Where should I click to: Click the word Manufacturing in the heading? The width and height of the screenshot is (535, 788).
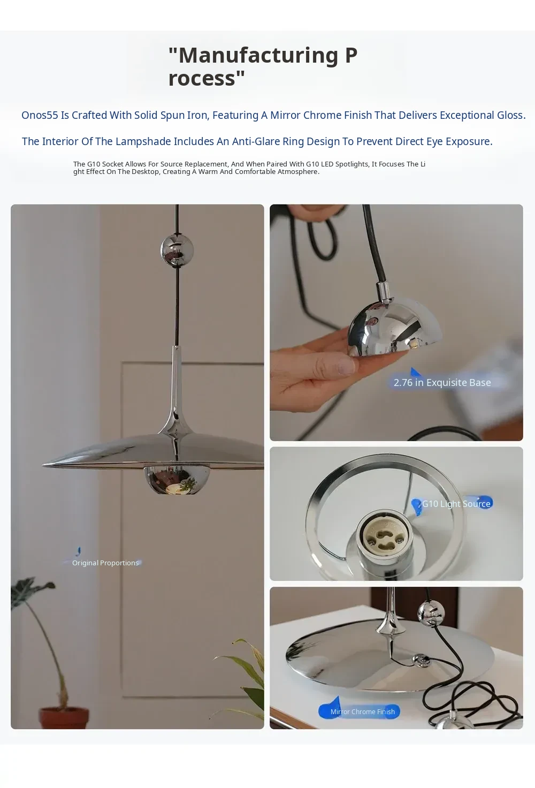coord(258,56)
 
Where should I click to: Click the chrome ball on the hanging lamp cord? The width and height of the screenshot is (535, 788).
coord(177,251)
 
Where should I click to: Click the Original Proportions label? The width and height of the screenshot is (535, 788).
coord(105,563)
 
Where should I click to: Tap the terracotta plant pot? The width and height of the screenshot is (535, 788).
coord(64,718)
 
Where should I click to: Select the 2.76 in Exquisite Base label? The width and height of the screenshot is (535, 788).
coord(442,382)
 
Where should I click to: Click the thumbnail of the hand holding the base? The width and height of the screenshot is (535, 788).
coord(396,323)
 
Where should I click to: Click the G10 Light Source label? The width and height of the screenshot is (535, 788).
coord(456,504)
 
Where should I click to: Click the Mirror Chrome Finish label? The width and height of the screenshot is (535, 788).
coord(362,711)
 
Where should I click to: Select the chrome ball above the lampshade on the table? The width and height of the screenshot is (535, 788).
coord(431,613)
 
